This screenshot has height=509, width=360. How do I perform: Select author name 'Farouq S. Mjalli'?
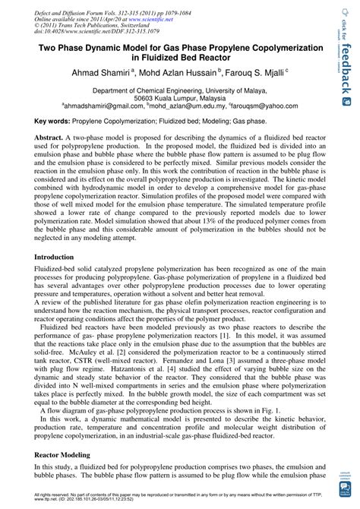point(261,72)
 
